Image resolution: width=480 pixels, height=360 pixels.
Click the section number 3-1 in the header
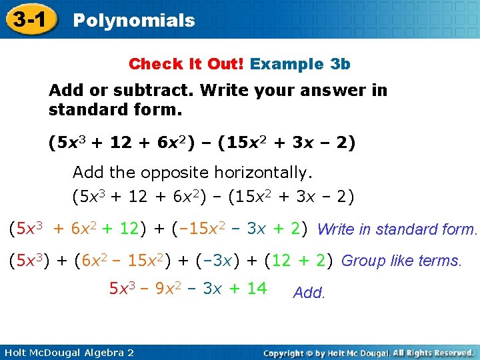28,19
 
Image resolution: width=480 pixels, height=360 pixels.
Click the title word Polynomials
133,21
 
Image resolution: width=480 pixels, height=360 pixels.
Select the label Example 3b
300,64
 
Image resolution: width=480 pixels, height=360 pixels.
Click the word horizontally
263,173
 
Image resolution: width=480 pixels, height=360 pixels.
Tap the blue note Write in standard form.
398,230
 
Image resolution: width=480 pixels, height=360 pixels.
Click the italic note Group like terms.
401,261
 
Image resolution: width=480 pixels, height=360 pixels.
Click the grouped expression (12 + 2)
299,260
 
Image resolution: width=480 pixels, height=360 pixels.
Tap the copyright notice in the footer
368,352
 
